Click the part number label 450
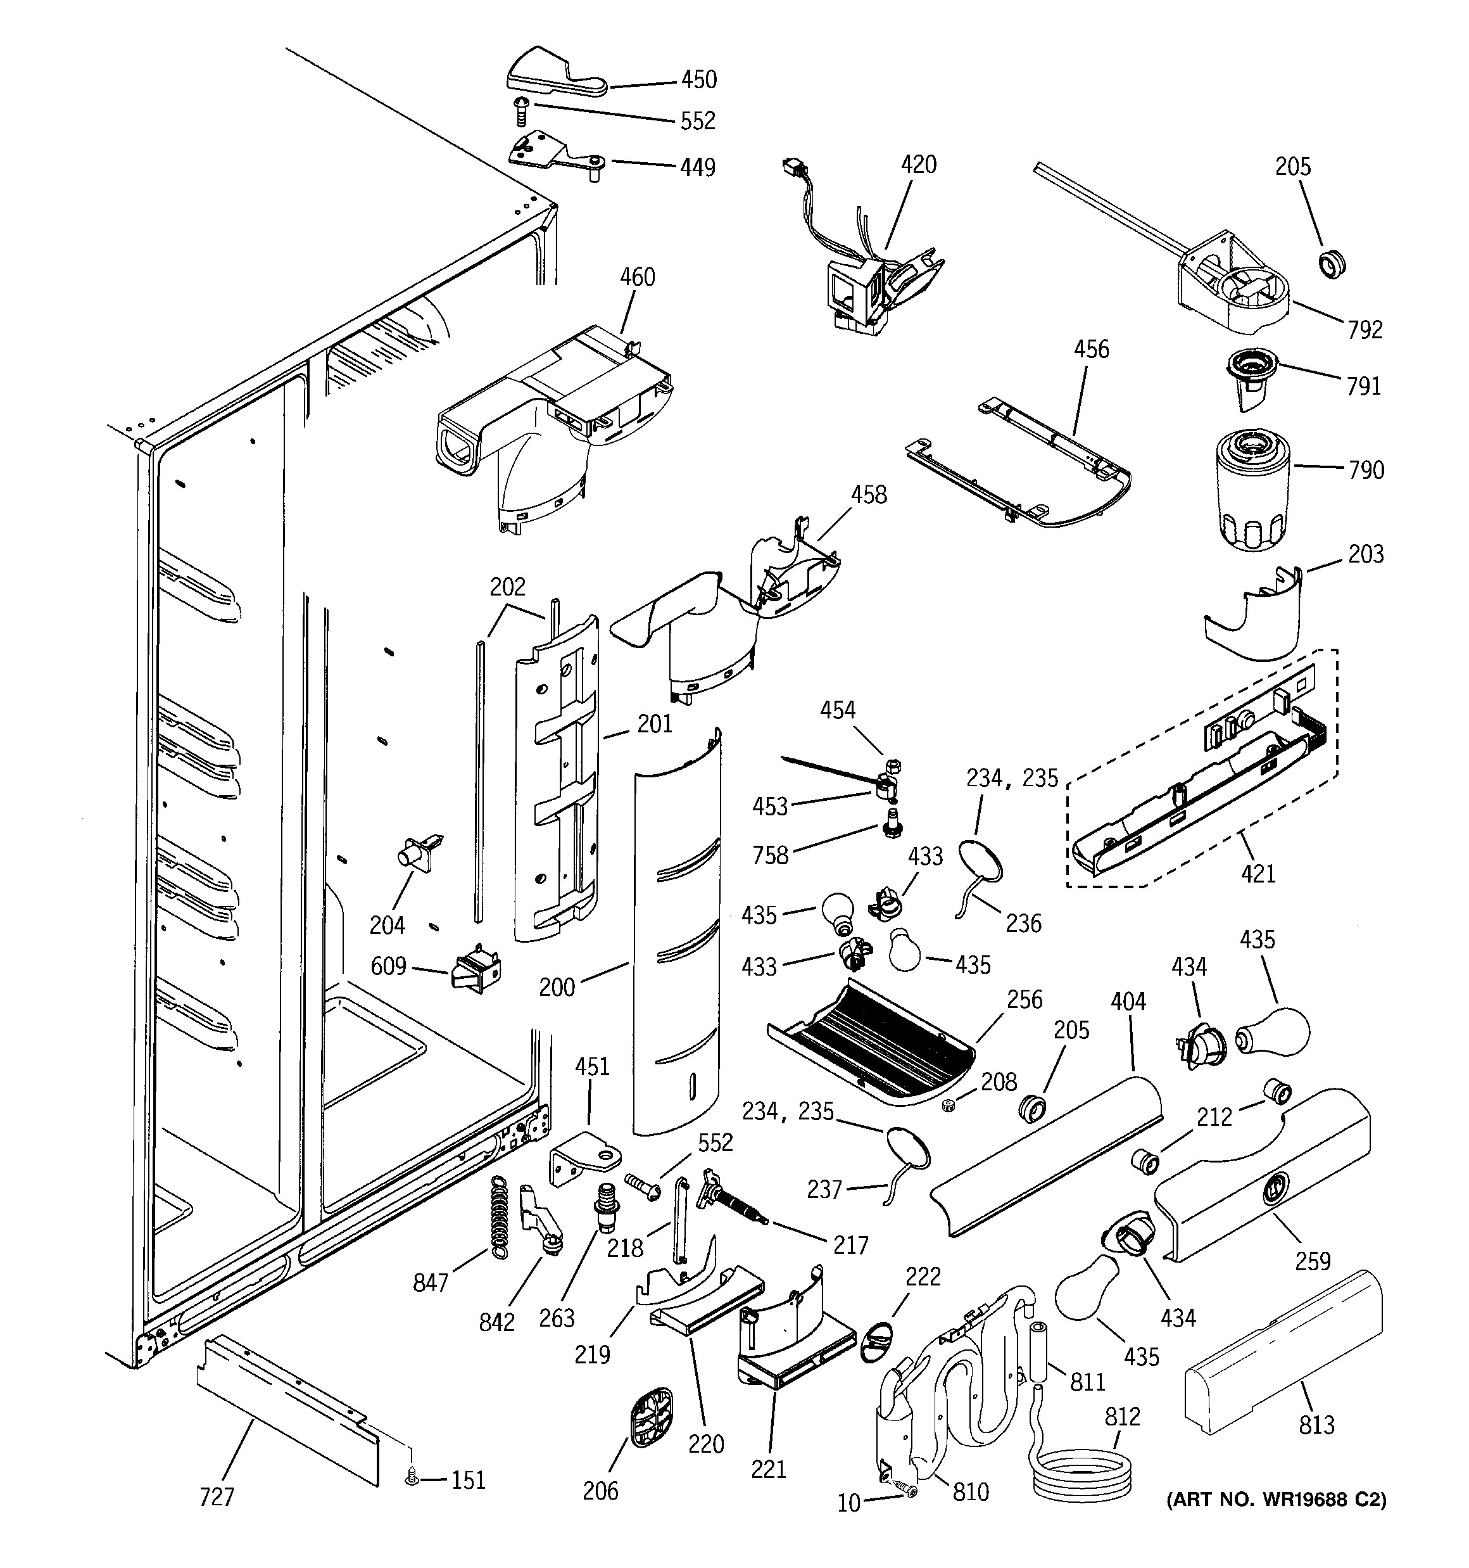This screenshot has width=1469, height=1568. (x=698, y=80)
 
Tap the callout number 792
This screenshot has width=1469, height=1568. (x=1365, y=329)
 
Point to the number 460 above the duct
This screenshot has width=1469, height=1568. (x=637, y=277)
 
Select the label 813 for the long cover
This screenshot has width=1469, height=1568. (x=1317, y=1424)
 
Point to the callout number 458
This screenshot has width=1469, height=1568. (x=868, y=495)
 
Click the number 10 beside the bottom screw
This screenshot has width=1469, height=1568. (x=848, y=1504)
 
